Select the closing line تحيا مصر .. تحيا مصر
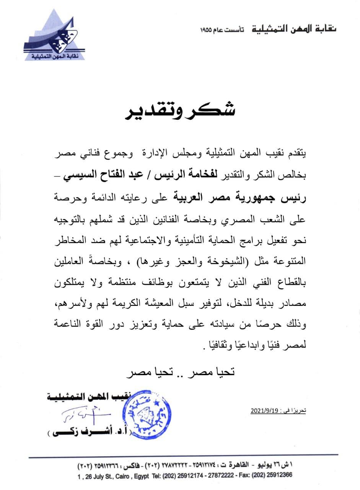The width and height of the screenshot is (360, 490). point(179,371)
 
